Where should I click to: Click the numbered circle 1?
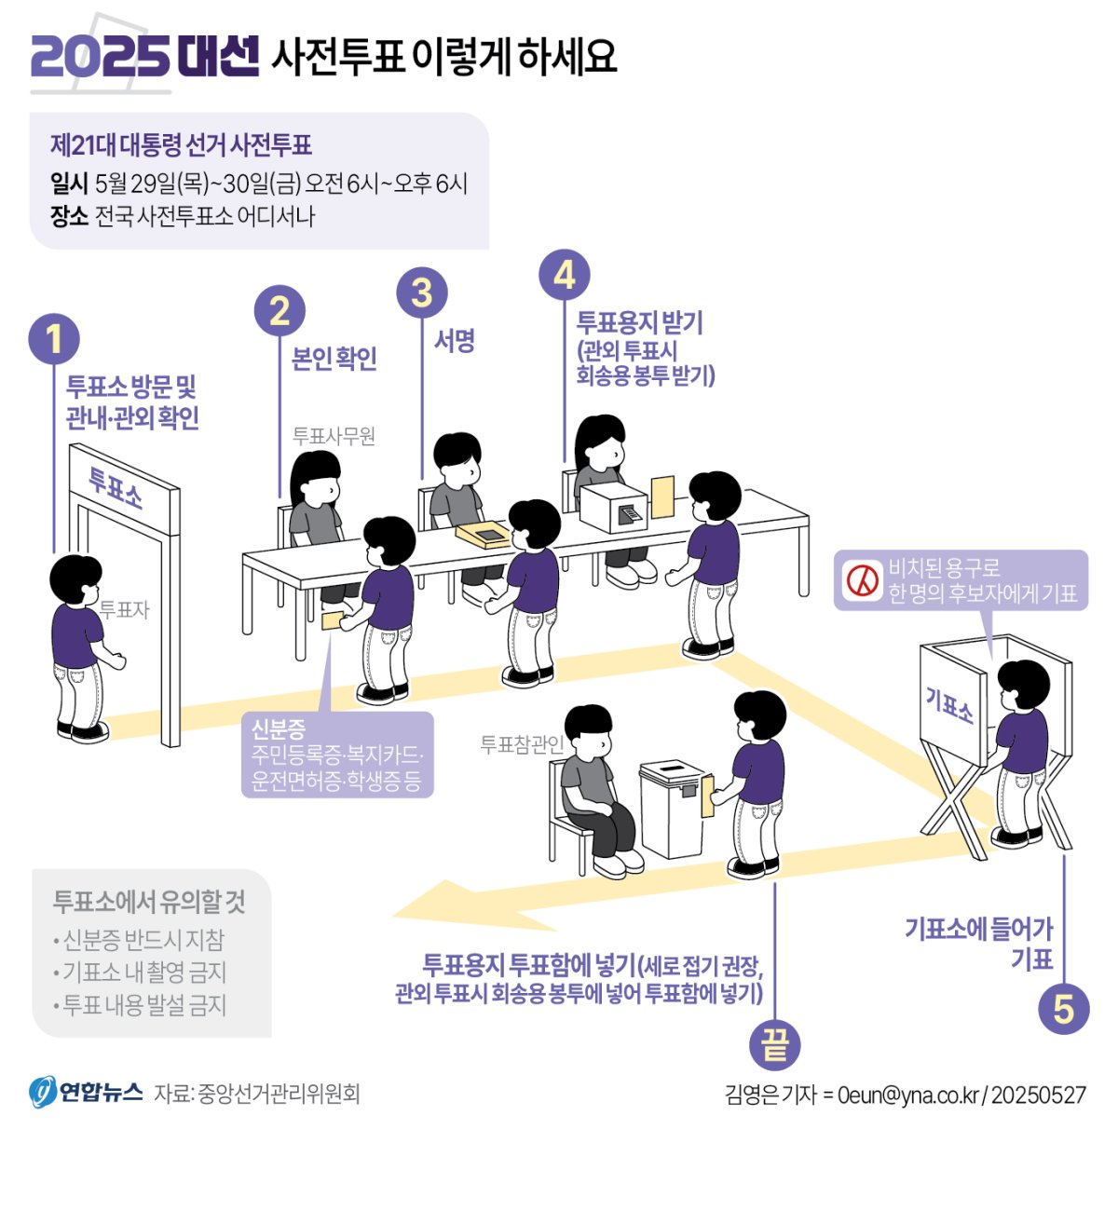[54, 338]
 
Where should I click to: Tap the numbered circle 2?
[279, 310]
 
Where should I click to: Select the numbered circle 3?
[422, 293]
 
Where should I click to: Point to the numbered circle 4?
[565, 275]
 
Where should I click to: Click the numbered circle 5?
[1064, 1009]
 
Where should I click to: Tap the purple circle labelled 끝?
[774, 1045]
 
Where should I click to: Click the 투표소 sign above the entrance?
[116, 487]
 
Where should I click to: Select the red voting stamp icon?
[863, 579]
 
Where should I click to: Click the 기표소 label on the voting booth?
[949, 704]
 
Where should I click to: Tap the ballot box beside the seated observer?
[674, 809]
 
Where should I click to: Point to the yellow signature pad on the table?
[484, 534]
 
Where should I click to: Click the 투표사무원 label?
[334, 436]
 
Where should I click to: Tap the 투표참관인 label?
[522, 744]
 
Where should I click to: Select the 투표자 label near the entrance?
[124, 609]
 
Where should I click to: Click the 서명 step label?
[455, 341]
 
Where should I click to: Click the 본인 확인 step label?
[334, 359]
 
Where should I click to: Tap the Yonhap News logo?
[86, 1092]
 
